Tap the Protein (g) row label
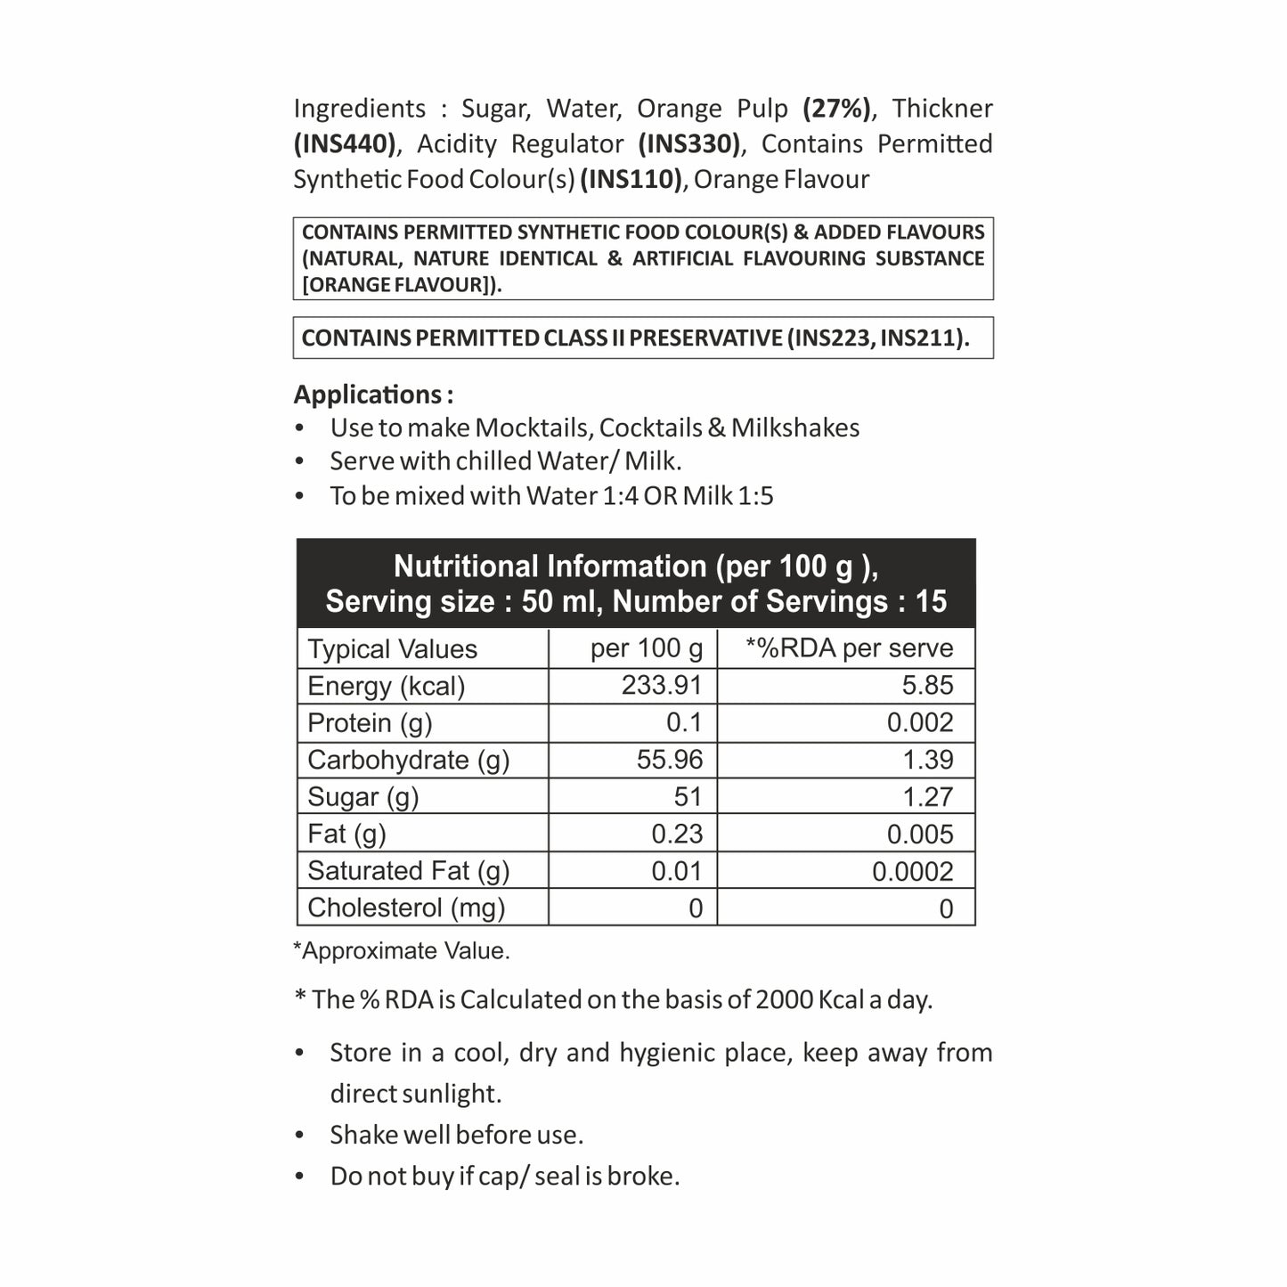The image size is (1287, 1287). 369,722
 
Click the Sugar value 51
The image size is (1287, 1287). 688,796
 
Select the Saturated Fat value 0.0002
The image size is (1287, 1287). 912,871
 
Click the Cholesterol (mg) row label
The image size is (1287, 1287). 406,908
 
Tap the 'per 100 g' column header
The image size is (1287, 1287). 647,648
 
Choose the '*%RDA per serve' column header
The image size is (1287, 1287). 849,648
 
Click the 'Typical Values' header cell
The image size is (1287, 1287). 392,649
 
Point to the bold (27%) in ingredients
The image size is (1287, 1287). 836,109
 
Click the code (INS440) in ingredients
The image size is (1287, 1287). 345,144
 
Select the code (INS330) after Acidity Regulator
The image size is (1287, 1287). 689,144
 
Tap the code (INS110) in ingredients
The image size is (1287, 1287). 631,180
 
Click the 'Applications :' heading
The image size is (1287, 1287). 373,395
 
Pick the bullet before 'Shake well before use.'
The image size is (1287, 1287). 300,1136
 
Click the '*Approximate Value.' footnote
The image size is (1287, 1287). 402,951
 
